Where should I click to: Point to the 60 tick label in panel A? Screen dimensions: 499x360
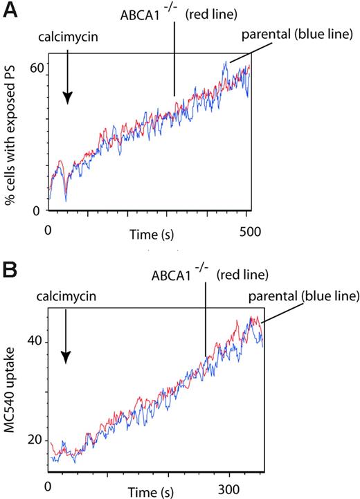click(37, 68)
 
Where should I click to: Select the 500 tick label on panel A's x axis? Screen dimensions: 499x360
click(247, 230)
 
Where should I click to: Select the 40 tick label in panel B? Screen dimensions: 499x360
click(35, 342)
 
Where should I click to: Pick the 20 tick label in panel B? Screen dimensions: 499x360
click(35, 440)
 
